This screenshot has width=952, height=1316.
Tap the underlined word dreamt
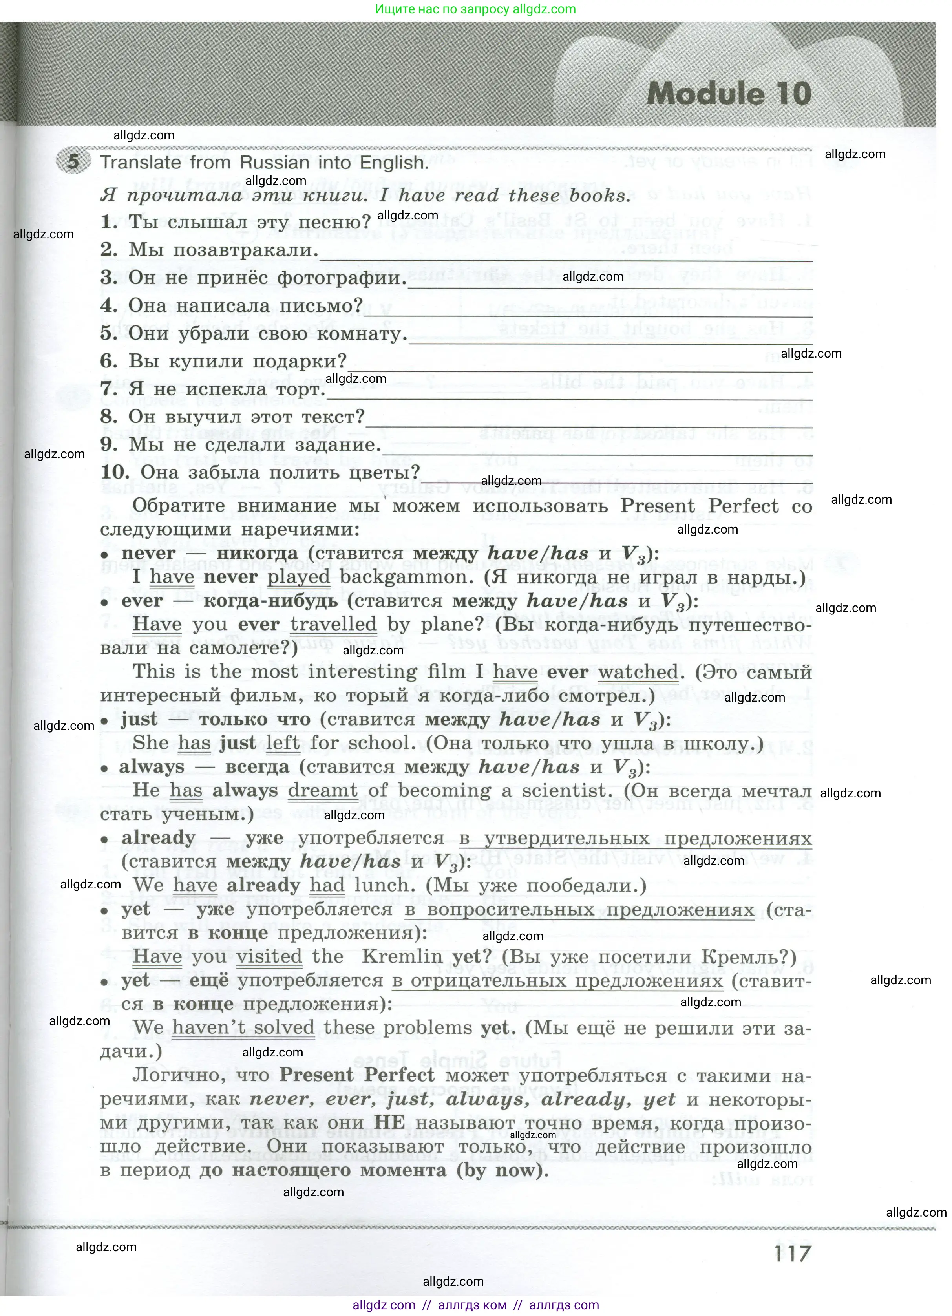[323, 790]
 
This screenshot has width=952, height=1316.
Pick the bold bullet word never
[148, 554]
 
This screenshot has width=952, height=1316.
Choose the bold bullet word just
[139, 720]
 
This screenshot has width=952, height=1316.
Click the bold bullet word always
[152, 767]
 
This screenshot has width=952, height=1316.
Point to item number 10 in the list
[115, 472]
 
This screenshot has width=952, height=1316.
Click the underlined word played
[299, 578]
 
